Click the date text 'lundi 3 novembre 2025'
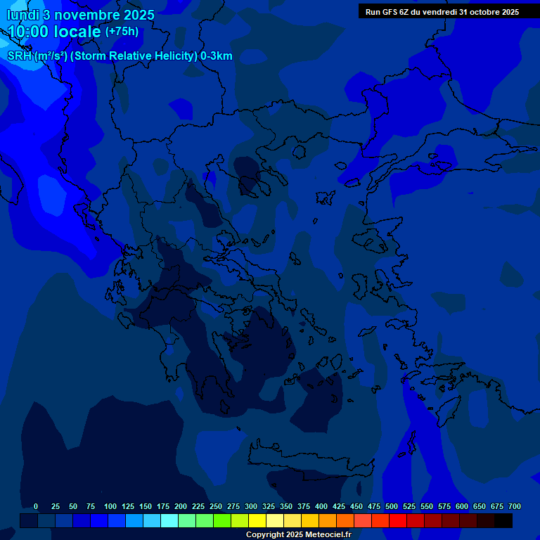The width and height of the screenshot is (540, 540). tap(81, 15)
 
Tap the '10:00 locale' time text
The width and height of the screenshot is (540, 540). tap(54, 32)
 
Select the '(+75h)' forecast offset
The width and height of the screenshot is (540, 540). tap(122, 32)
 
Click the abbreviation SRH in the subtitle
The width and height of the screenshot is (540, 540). tap(19, 56)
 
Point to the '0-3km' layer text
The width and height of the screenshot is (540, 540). tap(217, 56)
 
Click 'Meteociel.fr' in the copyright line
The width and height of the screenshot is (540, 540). tap(323, 535)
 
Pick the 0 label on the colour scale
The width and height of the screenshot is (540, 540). tap(36, 507)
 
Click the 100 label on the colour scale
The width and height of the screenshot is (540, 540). tap(110, 507)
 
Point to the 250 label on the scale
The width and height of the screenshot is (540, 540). tap(216, 507)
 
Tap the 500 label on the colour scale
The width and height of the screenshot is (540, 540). tap(392, 507)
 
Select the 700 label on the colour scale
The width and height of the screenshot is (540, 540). tap(515, 507)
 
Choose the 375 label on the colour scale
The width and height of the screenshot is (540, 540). tap(304, 507)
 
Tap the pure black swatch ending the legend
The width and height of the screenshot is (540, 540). tap(503, 521)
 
